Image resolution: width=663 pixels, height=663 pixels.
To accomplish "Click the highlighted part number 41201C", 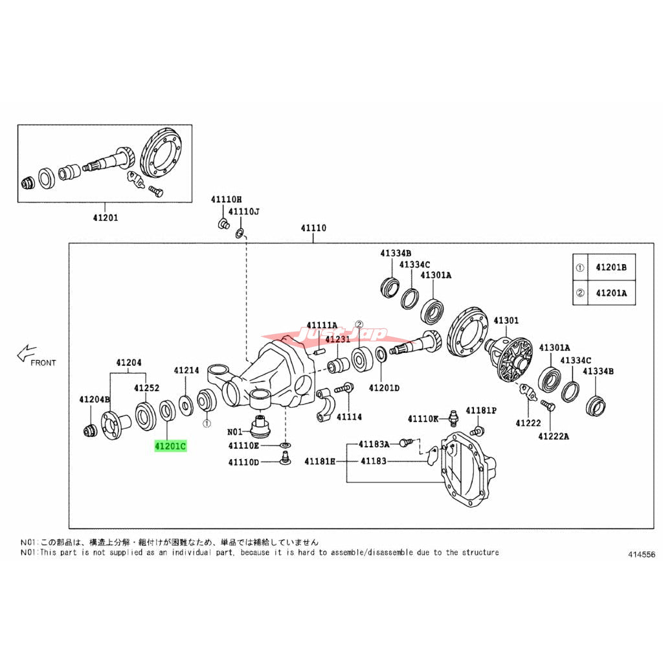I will coord(170,445).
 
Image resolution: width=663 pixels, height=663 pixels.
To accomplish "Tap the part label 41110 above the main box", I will coord(313,229).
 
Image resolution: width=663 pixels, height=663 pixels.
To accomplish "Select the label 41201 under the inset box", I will coord(106,218).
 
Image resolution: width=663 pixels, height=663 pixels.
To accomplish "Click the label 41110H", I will coord(225,200).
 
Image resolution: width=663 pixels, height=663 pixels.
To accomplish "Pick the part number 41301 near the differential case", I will coord(506,320).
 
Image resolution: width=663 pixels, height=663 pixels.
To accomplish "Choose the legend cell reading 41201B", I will coord(611,267).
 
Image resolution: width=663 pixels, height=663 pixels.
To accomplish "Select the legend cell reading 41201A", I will coord(611,293).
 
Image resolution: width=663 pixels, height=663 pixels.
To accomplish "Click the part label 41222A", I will coord(553,436).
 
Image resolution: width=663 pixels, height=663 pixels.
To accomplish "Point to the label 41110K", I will coord(423,420).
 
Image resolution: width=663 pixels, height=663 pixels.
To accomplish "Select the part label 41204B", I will coord(95,399).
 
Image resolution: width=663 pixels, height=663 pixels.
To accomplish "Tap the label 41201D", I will coord(384,388).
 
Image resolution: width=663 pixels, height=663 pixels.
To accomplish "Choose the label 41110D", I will coord(243,462).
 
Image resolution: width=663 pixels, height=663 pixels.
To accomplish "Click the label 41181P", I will coord(483,410).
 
